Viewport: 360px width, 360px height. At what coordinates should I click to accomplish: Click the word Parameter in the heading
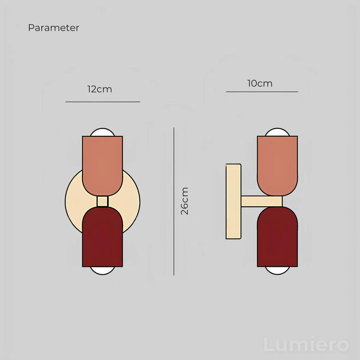[x=53, y=28]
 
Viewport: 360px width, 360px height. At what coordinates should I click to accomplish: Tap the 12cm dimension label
[x=99, y=89]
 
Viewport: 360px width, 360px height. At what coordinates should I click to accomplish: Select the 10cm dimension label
[x=260, y=83]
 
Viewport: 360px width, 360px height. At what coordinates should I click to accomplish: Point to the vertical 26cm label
[x=184, y=201]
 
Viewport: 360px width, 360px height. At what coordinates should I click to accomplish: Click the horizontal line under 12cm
[x=103, y=102]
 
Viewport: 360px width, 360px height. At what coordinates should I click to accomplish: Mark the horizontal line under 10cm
[x=262, y=92]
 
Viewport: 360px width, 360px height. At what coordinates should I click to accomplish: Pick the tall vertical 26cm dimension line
[x=174, y=201]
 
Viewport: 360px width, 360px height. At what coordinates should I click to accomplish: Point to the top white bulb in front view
[x=102, y=132]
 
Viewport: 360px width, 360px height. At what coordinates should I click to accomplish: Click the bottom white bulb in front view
[x=102, y=271]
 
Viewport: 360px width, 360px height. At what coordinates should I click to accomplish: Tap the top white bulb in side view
[x=277, y=132]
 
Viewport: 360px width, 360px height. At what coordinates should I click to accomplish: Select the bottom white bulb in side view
[x=277, y=271]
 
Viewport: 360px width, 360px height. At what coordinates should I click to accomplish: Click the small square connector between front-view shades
[x=102, y=201]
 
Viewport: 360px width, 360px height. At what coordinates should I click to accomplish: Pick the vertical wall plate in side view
[x=233, y=201]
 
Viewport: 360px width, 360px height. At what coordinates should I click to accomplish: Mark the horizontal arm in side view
[x=262, y=201]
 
